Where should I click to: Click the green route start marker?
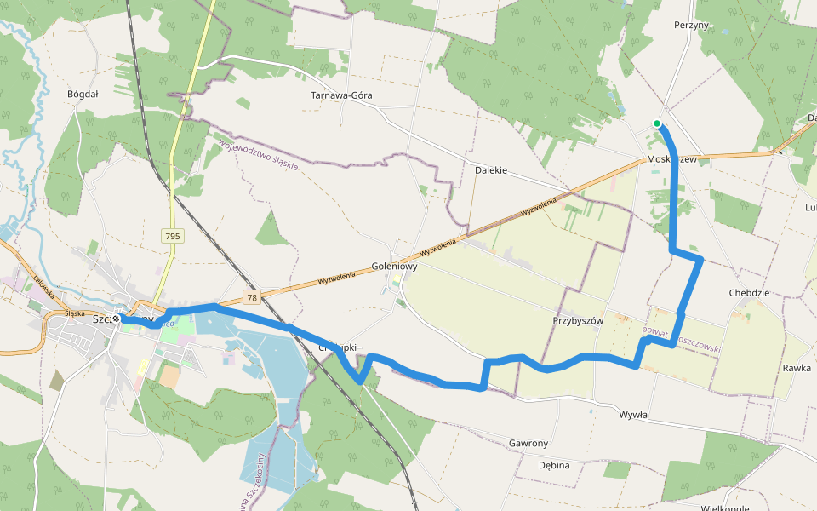click(657, 123)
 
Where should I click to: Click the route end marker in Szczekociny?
click(116, 319)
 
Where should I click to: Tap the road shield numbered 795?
click(174, 234)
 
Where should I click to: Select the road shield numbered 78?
click(251, 297)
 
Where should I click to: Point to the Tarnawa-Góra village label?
click(342, 95)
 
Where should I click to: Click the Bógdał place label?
click(83, 95)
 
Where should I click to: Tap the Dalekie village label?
click(490, 170)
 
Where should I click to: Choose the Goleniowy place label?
click(395, 266)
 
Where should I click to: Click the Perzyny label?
click(690, 26)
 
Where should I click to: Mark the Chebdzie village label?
click(749, 292)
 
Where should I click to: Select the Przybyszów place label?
click(577, 321)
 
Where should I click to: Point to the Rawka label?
click(797, 368)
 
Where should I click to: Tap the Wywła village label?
click(633, 415)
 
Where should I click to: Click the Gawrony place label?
click(528, 444)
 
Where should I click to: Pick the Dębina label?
click(554, 466)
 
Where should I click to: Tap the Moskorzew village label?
click(671, 159)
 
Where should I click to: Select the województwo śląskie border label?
click(258, 154)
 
